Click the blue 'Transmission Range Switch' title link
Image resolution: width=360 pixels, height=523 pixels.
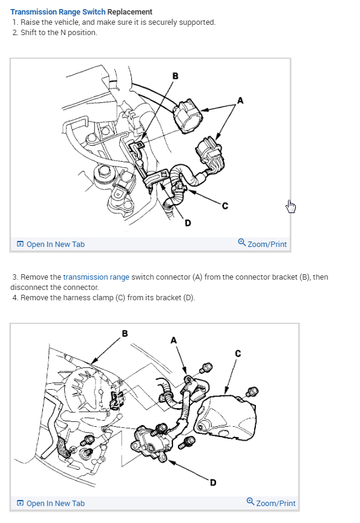[58, 12]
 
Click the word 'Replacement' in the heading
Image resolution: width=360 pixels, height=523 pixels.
[129, 12]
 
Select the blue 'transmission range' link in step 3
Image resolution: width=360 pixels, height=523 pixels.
[96, 277]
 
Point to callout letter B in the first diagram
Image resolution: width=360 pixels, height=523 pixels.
[175, 76]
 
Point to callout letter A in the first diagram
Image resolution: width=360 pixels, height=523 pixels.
[240, 100]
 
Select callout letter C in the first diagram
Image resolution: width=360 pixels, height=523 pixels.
[225, 206]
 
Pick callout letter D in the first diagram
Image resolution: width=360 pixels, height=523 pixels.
[188, 223]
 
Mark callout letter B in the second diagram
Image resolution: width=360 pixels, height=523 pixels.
[125, 333]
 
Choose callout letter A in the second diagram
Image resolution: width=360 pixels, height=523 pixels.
[174, 340]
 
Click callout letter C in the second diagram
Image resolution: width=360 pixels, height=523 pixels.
[238, 354]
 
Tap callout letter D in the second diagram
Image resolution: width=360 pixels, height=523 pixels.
[214, 482]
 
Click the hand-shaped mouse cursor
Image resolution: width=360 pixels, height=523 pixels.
[290, 206]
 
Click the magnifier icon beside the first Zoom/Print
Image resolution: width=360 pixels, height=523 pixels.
[242, 243]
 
